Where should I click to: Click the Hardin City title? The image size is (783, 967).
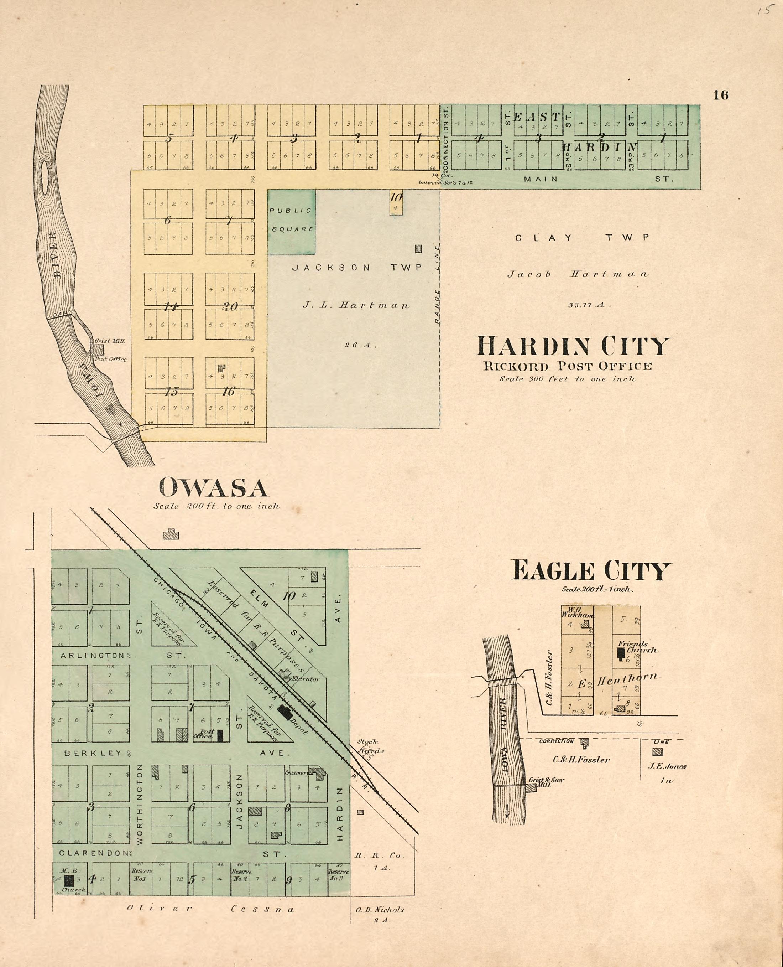pyautogui.click(x=573, y=347)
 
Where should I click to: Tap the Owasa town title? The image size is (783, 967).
pyautogui.click(x=213, y=488)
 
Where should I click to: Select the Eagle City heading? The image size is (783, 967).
pyautogui.click(x=590, y=571)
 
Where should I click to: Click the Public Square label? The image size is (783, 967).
pyautogui.click(x=291, y=220)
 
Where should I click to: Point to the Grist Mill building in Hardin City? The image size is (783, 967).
pyautogui.click(x=99, y=350)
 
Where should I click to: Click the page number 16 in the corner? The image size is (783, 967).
pyautogui.click(x=720, y=95)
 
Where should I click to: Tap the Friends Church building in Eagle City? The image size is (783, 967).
pyautogui.click(x=621, y=653)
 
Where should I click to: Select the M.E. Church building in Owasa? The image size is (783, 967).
pyautogui.click(x=69, y=880)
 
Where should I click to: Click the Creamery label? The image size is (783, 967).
pyautogui.click(x=296, y=772)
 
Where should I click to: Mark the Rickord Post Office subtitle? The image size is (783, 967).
pyautogui.click(x=568, y=366)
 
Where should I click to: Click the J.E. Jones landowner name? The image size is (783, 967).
pyautogui.click(x=667, y=766)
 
